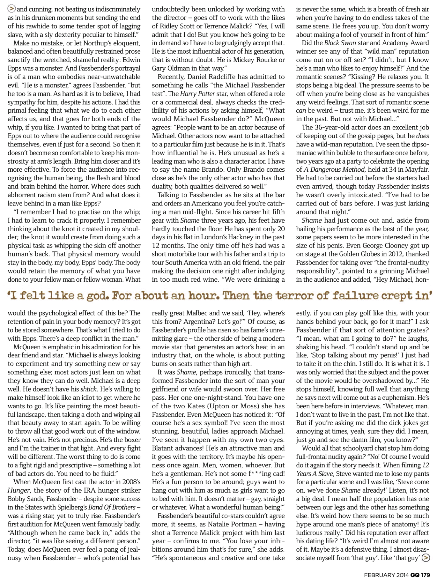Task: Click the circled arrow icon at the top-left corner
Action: [11, 9]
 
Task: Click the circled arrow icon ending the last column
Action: [426, 558]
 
